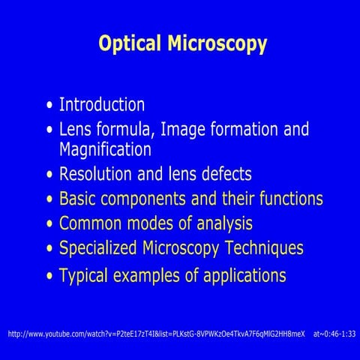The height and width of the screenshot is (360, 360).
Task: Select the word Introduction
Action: (x=102, y=104)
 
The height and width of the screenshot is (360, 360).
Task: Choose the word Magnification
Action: (x=105, y=148)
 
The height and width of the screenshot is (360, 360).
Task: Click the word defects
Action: (x=223, y=174)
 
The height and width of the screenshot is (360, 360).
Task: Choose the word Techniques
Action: (x=263, y=247)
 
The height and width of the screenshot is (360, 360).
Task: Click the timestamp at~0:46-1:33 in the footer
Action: (x=334, y=332)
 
